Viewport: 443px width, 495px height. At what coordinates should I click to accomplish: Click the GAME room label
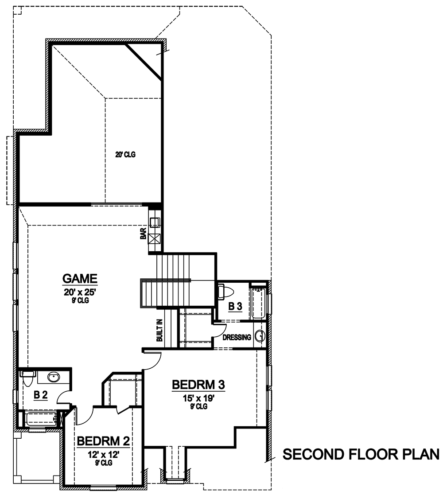(x=80, y=279)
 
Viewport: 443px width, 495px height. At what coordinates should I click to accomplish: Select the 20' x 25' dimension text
(x=80, y=292)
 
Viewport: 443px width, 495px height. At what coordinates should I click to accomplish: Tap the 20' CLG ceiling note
(x=126, y=155)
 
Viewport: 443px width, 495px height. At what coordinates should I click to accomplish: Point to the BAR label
(x=143, y=234)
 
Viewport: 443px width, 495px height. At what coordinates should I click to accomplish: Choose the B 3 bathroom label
(x=235, y=306)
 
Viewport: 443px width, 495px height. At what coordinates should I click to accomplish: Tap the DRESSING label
(x=237, y=337)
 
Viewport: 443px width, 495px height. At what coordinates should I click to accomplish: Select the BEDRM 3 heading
(x=198, y=385)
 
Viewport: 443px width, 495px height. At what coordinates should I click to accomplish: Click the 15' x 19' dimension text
(x=198, y=398)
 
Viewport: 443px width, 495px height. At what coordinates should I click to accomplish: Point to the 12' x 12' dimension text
(x=104, y=454)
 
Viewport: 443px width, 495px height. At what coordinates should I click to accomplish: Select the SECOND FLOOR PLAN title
(x=361, y=455)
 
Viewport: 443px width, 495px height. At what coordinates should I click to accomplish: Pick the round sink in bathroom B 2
(x=54, y=377)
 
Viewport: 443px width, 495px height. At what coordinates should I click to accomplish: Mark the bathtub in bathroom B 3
(x=258, y=304)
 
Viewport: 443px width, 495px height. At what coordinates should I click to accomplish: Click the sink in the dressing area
(x=261, y=337)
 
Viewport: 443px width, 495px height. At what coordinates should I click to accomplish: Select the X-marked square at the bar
(x=155, y=238)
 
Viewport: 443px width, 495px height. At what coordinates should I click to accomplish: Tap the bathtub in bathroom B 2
(x=41, y=418)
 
